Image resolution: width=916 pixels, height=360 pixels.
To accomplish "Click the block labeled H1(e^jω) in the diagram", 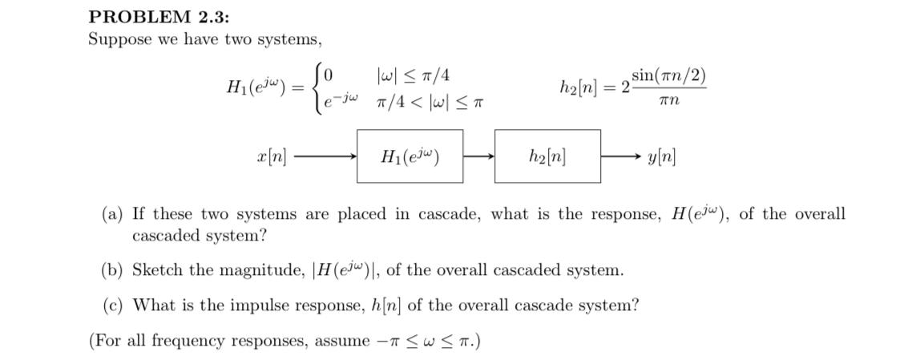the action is point(410,156).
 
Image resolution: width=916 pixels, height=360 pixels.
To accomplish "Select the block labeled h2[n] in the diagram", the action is point(547,156).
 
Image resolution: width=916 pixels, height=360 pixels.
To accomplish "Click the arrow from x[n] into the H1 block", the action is point(324,156).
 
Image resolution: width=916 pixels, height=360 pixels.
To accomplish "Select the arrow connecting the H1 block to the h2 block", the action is point(478,156).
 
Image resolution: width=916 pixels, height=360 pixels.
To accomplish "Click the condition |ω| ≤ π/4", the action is point(413,75).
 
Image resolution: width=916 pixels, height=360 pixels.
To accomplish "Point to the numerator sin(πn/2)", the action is point(669,76).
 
